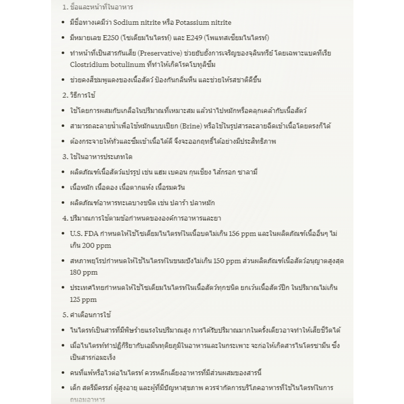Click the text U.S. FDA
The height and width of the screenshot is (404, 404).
coord(83,233)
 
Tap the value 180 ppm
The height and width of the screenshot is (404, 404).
coord(84,273)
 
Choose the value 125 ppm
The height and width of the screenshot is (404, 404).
coord(83,299)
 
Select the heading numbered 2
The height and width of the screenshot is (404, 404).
coord(79,95)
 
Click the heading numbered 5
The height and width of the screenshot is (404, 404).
coord(87,315)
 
